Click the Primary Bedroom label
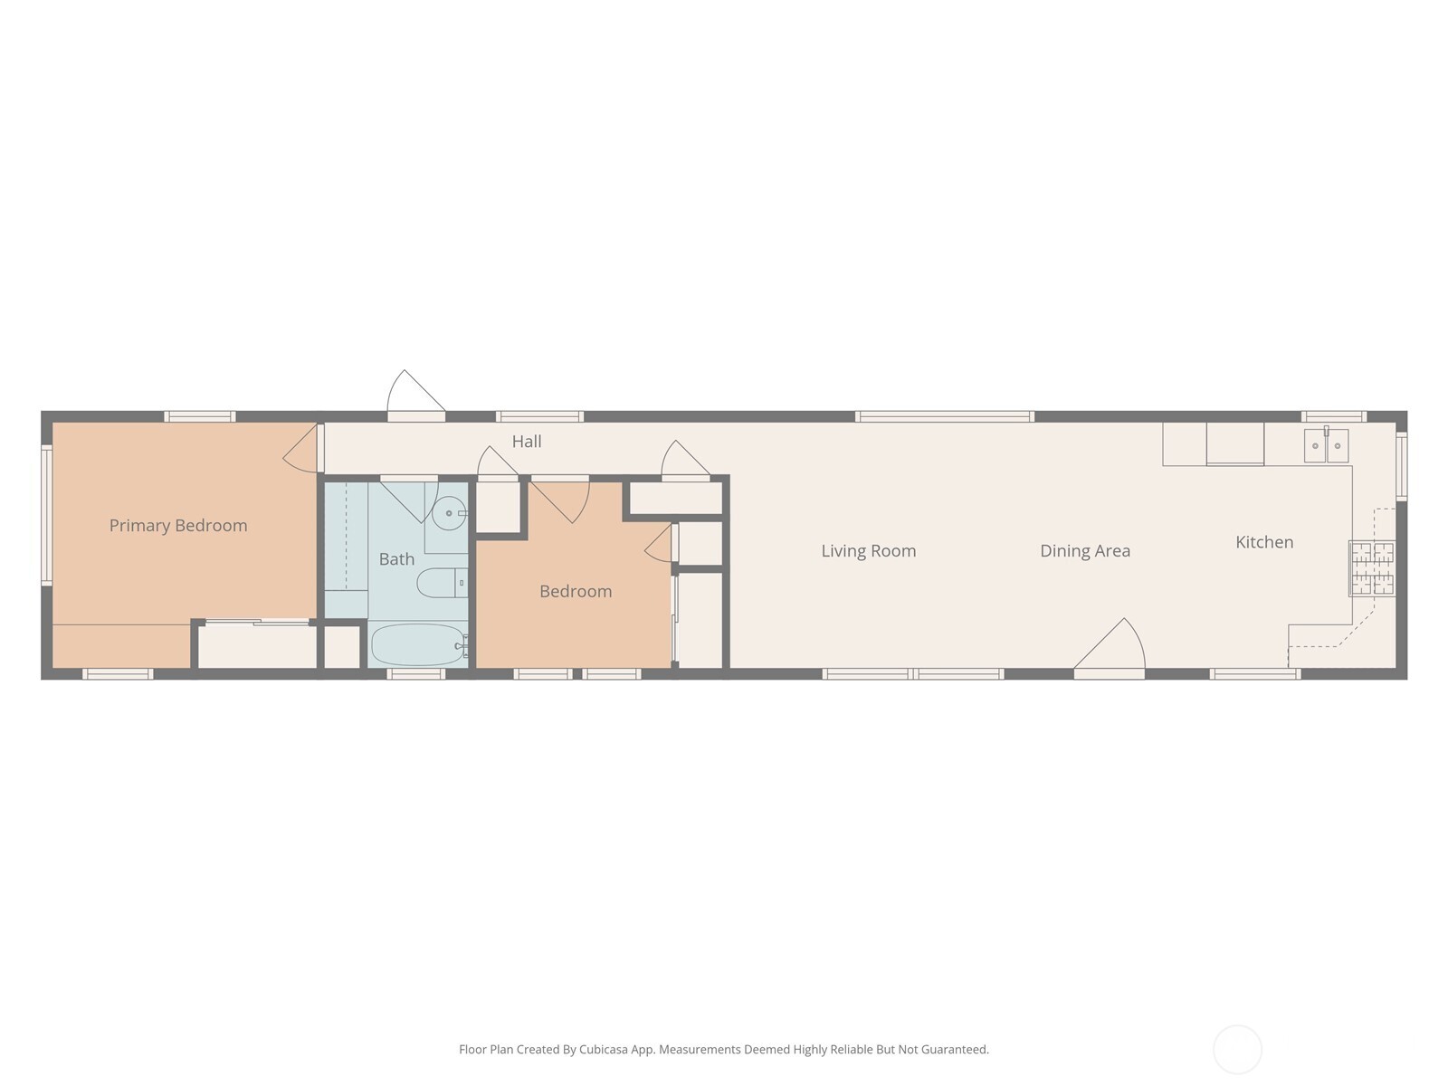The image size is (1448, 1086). pos(178,526)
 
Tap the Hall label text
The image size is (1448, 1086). pos(527,442)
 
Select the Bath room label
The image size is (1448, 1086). pos(396,559)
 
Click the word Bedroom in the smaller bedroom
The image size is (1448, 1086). pos(576,592)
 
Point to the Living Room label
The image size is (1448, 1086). pos(869,551)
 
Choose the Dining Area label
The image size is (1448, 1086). pos(1085,551)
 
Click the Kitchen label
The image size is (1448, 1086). pos(1264,542)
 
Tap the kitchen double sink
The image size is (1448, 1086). pos(1326,445)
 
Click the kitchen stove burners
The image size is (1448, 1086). pos(1372,568)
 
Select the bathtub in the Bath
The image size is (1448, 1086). pos(417,645)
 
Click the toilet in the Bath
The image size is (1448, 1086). pos(439,583)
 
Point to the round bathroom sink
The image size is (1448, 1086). pos(448,513)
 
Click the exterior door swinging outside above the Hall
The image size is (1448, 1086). pos(414,395)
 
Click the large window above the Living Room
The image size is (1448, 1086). pos(945,416)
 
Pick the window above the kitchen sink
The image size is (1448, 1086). pos(1334,416)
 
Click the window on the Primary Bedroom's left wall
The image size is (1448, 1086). pos(46,514)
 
